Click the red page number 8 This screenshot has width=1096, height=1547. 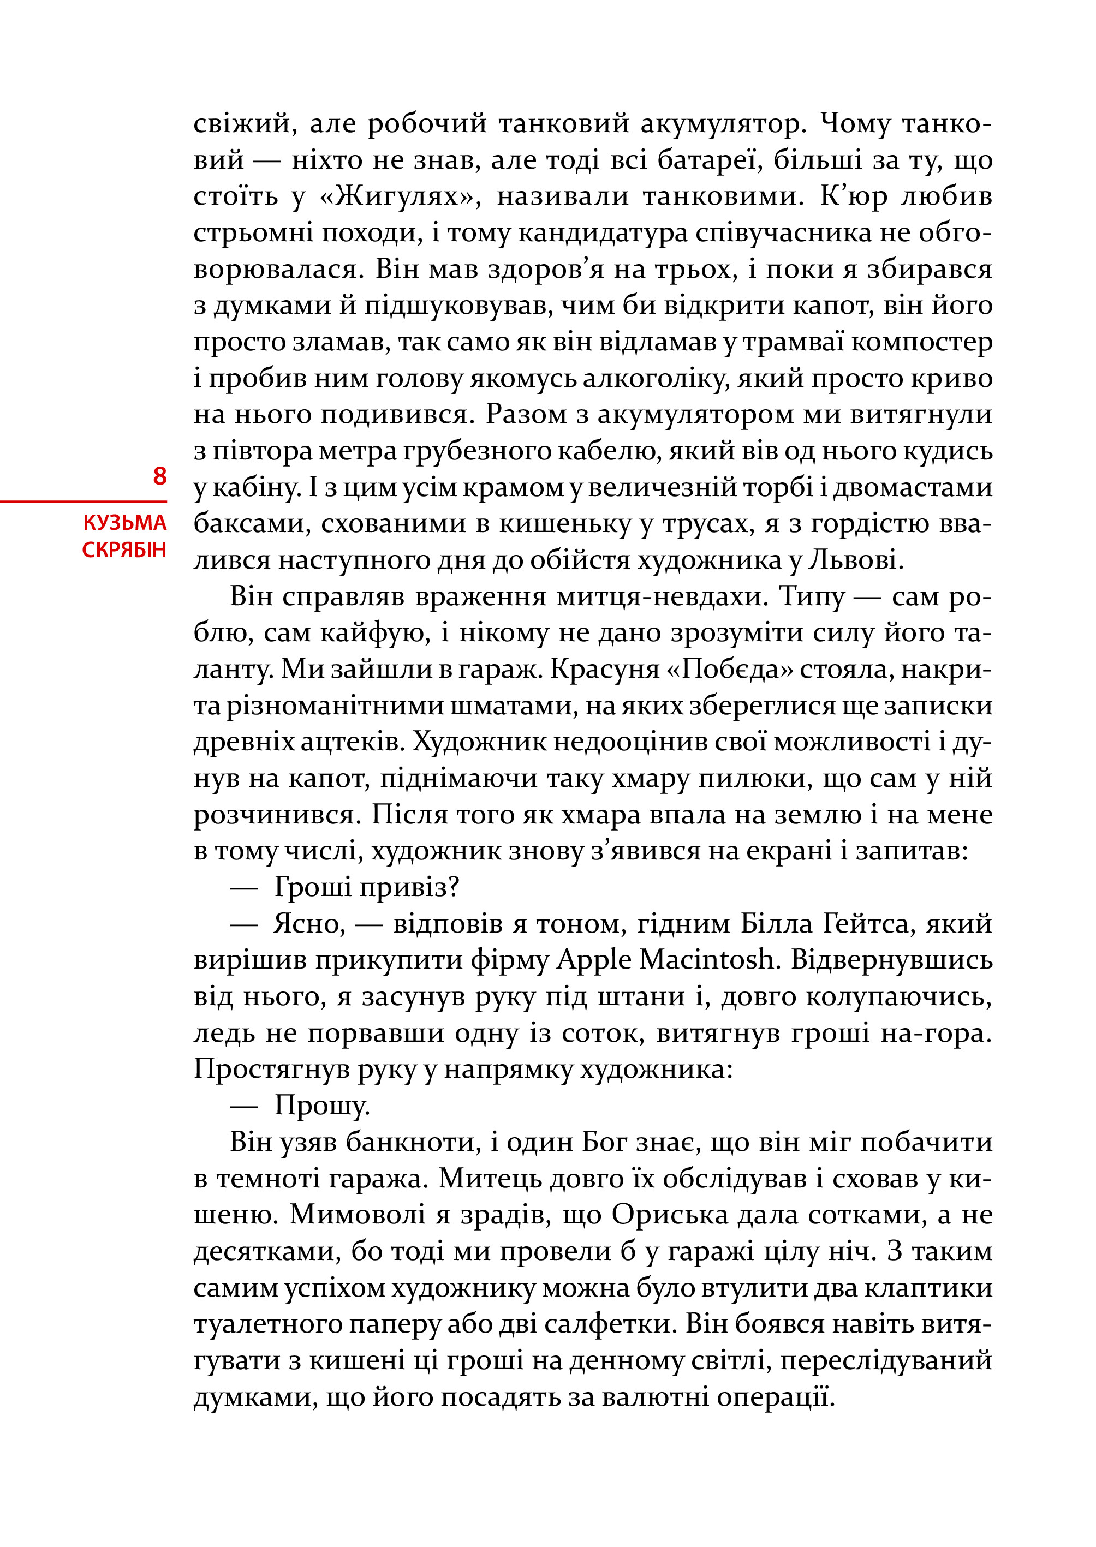point(159,476)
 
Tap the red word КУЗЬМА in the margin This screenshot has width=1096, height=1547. point(125,523)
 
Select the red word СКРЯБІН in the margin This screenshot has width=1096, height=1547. point(124,551)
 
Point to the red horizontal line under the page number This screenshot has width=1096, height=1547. point(83,502)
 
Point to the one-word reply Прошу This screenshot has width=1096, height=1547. point(322,1106)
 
